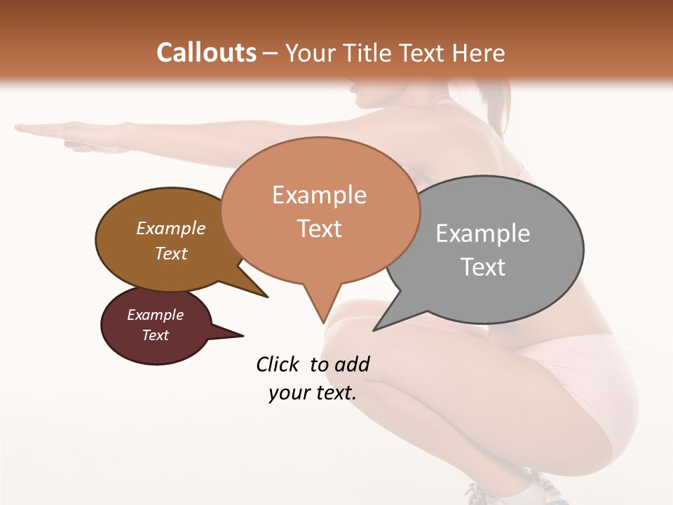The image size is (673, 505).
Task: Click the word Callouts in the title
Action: (x=206, y=53)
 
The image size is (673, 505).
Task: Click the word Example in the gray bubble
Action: (x=483, y=234)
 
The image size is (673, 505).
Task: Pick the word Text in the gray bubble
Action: (x=483, y=267)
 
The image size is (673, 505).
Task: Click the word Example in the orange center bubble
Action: (x=319, y=195)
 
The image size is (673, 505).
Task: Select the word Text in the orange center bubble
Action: (x=319, y=229)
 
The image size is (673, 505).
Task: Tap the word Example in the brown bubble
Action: (x=170, y=228)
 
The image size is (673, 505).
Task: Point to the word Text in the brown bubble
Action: (x=170, y=253)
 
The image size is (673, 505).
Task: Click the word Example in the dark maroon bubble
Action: (x=155, y=315)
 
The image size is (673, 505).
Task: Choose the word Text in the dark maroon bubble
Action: (x=155, y=335)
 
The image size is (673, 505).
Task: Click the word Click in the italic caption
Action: (x=278, y=364)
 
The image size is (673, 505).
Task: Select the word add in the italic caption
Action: (x=352, y=364)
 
